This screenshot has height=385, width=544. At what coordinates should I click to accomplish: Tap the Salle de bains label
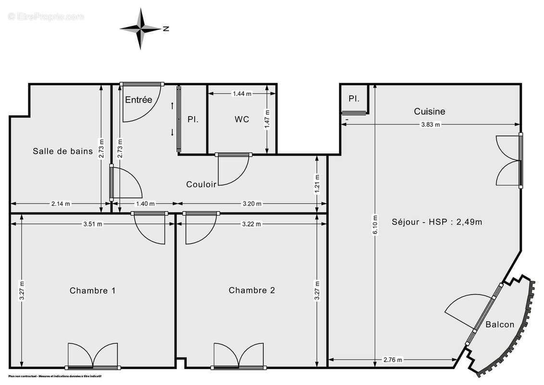(x=63, y=151)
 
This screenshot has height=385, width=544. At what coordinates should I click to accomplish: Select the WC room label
(x=242, y=119)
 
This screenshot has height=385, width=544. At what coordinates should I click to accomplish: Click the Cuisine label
(x=430, y=112)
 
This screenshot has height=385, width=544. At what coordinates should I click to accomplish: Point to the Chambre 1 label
(x=92, y=291)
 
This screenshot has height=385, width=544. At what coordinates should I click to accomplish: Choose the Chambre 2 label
(x=252, y=290)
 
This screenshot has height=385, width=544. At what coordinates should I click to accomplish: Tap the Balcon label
(x=499, y=324)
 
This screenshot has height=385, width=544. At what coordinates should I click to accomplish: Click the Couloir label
(x=201, y=184)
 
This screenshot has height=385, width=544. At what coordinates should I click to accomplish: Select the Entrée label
(x=139, y=100)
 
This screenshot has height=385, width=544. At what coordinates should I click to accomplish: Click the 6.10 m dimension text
(x=375, y=224)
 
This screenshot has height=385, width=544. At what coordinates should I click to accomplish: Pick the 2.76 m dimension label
(x=393, y=359)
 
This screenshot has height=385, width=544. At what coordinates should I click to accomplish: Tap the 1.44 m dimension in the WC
(x=242, y=94)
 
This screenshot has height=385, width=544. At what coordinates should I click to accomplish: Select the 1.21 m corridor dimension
(x=316, y=183)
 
